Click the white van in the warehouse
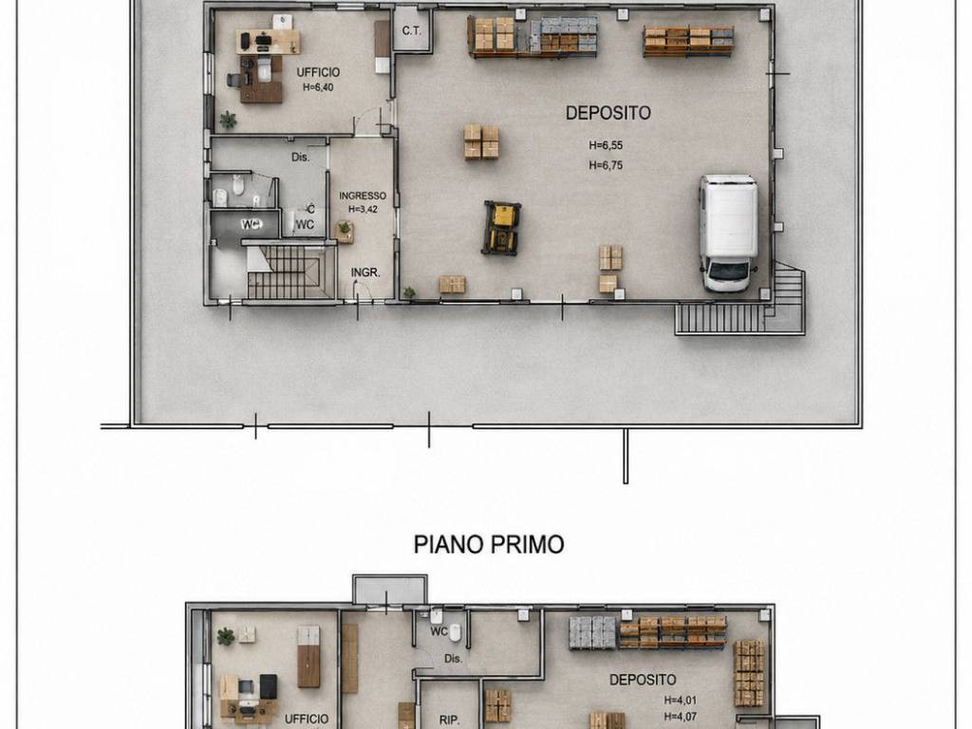728,234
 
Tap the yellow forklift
501,228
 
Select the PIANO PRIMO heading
489,544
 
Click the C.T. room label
412,29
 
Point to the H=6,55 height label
606,145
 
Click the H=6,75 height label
606,165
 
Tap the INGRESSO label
363,196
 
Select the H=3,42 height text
363,209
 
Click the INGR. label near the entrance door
365,272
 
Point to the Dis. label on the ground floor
301,157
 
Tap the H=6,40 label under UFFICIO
318,87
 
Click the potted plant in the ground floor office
228,120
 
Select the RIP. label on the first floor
449,720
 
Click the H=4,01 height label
680,701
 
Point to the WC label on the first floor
439,631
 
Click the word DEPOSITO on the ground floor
608,113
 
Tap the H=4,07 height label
680,717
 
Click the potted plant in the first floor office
226,636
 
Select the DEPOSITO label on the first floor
643,680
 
